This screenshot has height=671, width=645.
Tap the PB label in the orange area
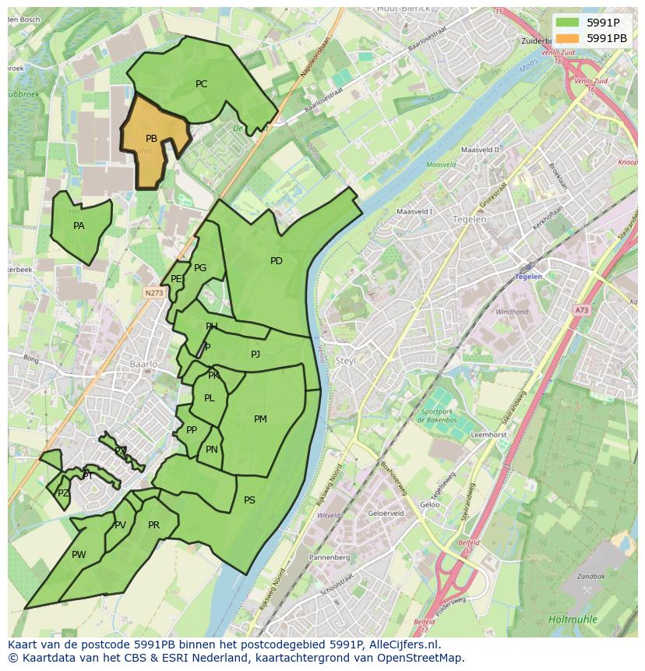click(x=151, y=139)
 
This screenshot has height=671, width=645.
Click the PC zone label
click(x=201, y=84)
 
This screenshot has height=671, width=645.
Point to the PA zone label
click(x=79, y=226)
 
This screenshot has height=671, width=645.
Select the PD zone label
click(x=277, y=261)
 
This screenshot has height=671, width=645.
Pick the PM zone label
click(x=260, y=419)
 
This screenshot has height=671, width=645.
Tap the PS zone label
click(x=249, y=500)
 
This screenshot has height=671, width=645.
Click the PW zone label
click(x=79, y=555)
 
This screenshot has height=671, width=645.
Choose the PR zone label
click(x=153, y=525)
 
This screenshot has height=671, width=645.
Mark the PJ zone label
click(x=256, y=355)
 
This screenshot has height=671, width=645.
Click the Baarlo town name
click(x=144, y=364)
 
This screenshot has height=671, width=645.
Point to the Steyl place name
click(x=345, y=361)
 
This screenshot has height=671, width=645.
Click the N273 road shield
click(x=153, y=293)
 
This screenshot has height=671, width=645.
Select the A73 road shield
click(x=582, y=310)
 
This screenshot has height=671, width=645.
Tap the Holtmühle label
click(x=573, y=620)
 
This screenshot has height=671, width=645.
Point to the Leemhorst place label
click(x=489, y=435)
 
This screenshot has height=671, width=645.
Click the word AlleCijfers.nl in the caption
click(x=404, y=645)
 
